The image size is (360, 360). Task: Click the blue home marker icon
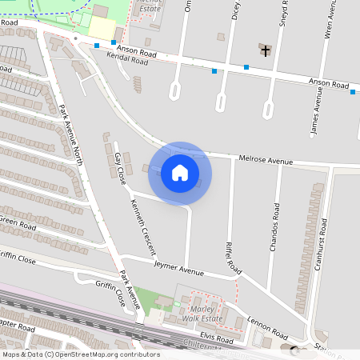point(180,173)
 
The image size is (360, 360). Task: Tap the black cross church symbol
point(266,51)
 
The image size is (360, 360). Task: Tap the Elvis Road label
point(217,337)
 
